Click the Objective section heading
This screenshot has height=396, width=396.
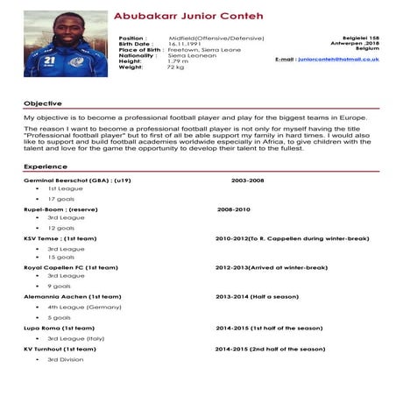coord(42,103)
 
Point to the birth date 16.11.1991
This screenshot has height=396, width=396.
coord(185,44)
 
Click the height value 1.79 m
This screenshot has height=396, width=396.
coord(178,60)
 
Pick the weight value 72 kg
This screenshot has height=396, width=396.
coord(176,67)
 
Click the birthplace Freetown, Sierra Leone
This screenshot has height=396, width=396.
coord(200,50)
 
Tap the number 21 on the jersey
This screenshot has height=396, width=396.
coord(50,61)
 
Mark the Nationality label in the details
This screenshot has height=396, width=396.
coord(138,55)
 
